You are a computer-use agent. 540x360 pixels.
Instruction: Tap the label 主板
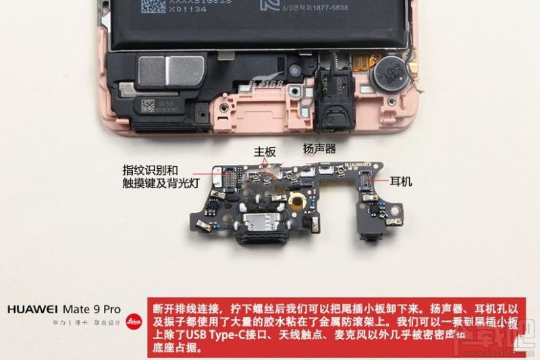tap(265, 153)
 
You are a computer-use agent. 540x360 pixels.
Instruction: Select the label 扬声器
tap(319, 149)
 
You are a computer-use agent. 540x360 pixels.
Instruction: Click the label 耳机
tap(401, 182)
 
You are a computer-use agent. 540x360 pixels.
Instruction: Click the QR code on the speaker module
tap(148, 105)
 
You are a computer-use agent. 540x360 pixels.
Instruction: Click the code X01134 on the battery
tap(167, 11)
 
